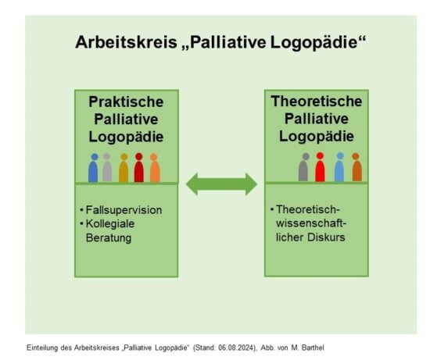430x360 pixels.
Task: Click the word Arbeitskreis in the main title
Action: point(126,42)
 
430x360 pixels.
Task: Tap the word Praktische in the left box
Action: point(126,102)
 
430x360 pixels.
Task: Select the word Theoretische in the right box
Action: point(317,102)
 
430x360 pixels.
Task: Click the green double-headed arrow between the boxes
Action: point(221,184)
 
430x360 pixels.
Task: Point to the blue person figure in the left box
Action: point(93,168)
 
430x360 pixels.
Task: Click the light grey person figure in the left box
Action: point(107,167)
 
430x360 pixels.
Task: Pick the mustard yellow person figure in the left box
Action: point(124,168)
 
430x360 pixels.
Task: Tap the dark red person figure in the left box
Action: point(138,167)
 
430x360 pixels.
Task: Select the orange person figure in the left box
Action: point(155,168)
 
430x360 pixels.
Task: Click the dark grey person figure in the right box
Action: point(303,167)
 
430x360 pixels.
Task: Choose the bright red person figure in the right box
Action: point(320,167)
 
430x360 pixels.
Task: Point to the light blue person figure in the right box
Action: point(339,167)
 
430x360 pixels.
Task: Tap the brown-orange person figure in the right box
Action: point(357,167)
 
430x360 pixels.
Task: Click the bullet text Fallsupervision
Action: point(124,210)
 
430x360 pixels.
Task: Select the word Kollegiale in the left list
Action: point(110,224)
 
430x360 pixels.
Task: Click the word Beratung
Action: point(109,237)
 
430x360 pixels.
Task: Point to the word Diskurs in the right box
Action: point(326,237)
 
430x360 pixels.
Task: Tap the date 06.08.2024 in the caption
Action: point(237,348)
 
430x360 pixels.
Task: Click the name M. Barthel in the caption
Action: point(308,348)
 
